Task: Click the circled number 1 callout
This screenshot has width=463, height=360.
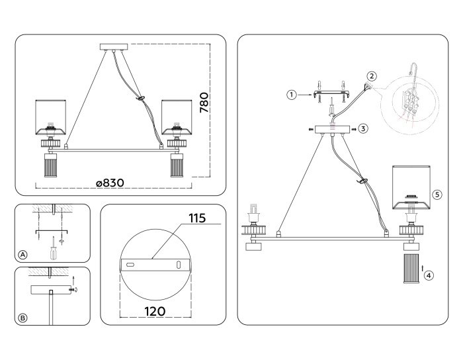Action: [x=290, y=95]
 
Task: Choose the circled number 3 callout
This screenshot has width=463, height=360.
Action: [x=363, y=128]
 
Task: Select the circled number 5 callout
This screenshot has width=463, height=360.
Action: [x=437, y=195]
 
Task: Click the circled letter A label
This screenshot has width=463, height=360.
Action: [x=23, y=255]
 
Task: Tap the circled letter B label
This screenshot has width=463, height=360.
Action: [x=23, y=318]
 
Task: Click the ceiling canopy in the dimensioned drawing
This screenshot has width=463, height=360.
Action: [x=114, y=47]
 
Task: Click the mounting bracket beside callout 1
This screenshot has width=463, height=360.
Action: [x=331, y=94]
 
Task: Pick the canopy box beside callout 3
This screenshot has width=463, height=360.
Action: [x=330, y=128]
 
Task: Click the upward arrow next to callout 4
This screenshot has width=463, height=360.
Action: [x=422, y=267]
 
